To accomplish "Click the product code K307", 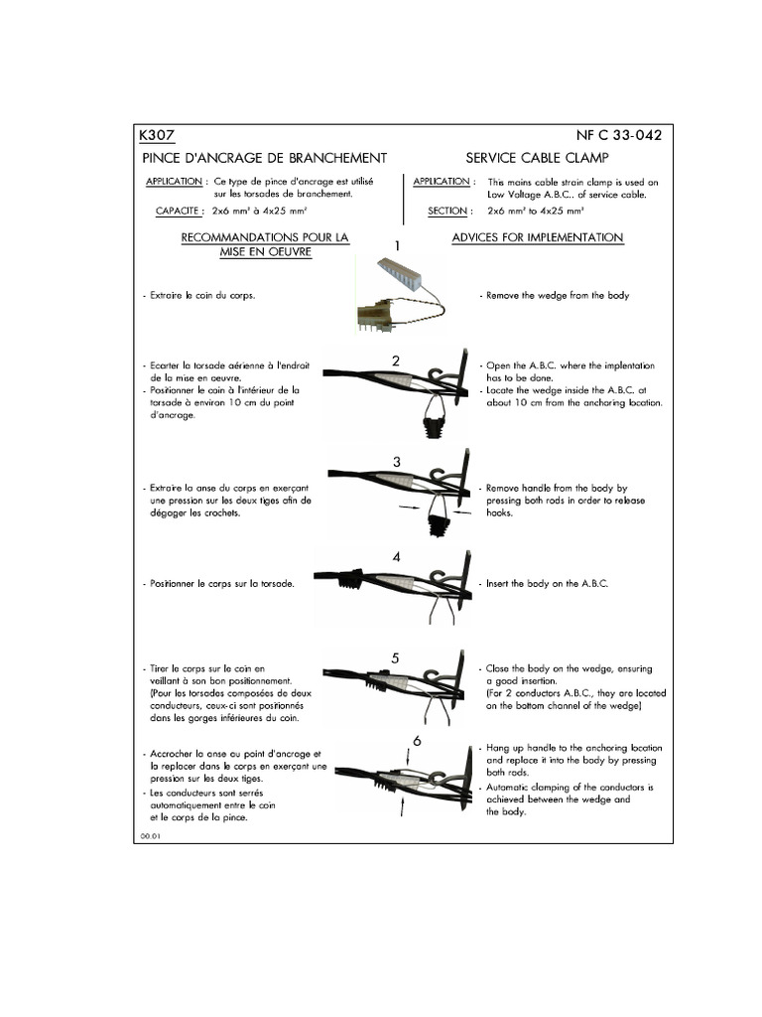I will click(x=158, y=136).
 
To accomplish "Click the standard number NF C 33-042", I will click(x=618, y=136).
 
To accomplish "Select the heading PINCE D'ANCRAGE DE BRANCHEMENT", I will click(x=264, y=158).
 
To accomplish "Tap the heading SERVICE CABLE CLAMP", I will click(x=538, y=158).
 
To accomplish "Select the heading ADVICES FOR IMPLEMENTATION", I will click(x=537, y=238).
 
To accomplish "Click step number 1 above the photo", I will click(x=397, y=244).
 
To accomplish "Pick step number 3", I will click(x=396, y=462).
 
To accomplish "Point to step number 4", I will click(x=396, y=558).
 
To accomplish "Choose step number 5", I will click(x=395, y=657).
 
